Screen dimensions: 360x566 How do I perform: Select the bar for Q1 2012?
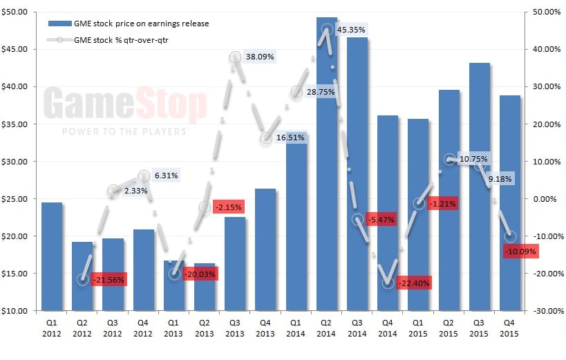click(52, 256)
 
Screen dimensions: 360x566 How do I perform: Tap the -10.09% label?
click(520, 252)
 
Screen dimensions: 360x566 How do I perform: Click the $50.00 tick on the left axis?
click(16, 12)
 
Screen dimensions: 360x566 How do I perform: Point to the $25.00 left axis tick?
click(16, 199)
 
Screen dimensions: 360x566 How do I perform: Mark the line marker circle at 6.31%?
click(144, 176)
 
